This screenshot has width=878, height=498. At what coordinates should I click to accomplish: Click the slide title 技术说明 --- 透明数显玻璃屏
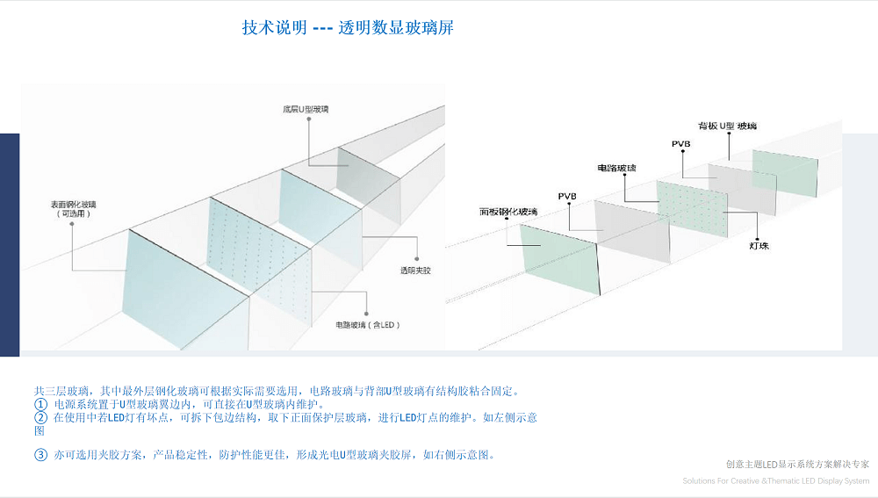pyautogui.click(x=348, y=27)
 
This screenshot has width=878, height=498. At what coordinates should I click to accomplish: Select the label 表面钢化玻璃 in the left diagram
pyautogui.click(x=74, y=208)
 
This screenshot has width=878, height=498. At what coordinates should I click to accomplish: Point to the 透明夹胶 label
pyautogui.click(x=415, y=270)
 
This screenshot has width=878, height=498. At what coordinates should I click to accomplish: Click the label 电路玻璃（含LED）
pyautogui.click(x=368, y=324)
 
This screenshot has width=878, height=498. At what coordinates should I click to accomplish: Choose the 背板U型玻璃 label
pyautogui.click(x=726, y=126)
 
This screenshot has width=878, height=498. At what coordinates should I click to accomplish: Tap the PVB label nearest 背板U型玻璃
pyautogui.click(x=680, y=143)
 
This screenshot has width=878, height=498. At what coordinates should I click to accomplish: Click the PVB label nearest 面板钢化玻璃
pyautogui.click(x=566, y=195)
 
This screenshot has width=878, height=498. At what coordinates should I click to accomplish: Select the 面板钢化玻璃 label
pyautogui.click(x=508, y=212)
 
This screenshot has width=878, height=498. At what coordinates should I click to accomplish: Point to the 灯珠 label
pyautogui.click(x=759, y=246)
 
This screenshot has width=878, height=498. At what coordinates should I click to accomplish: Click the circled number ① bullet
pyautogui.click(x=40, y=404)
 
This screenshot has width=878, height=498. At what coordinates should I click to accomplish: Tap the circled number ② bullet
pyautogui.click(x=40, y=418)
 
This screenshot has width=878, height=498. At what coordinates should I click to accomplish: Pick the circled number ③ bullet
pyautogui.click(x=40, y=455)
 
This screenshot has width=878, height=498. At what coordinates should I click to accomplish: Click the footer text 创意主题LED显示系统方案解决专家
pyautogui.click(x=797, y=464)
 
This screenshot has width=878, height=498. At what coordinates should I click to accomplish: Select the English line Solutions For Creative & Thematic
pyautogui.click(x=776, y=480)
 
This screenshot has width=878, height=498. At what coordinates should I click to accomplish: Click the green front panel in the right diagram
pyautogui.click(x=558, y=257)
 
